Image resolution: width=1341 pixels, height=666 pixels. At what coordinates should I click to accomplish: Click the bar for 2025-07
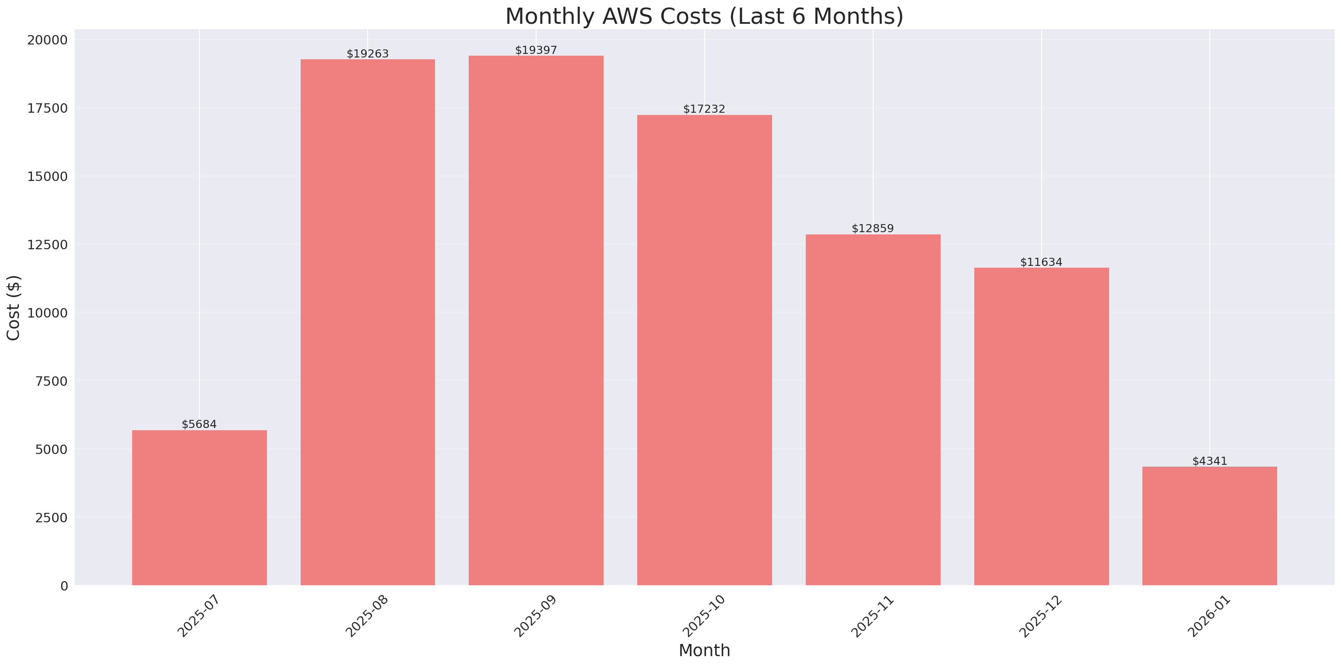pyautogui.click(x=200, y=507)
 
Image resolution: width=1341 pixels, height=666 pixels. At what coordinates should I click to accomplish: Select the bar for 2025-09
pyautogui.click(x=536, y=320)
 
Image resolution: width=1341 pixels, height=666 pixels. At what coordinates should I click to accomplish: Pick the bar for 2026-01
pyautogui.click(x=1209, y=525)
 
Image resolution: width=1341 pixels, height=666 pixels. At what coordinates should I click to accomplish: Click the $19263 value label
pyautogui.click(x=368, y=53)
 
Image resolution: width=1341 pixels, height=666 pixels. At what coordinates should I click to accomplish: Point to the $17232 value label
pyautogui.click(x=704, y=109)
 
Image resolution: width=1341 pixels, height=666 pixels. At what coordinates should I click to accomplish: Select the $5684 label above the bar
pyautogui.click(x=199, y=424)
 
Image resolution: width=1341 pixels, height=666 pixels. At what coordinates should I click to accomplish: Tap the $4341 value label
pyautogui.click(x=1209, y=461)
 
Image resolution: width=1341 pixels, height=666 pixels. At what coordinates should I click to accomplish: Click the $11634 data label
pyautogui.click(x=1041, y=262)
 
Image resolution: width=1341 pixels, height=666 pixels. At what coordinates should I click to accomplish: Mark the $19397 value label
pyautogui.click(x=536, y=50)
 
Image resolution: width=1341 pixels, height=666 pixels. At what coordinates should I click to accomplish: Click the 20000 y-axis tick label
pyautogui.click(x=47, y=40)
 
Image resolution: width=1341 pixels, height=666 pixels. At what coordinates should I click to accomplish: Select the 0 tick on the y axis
pyautogui.click(x=64, y=587)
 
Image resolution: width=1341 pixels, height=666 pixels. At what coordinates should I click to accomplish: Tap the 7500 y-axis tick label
pyautogui.click(x=51, y=381)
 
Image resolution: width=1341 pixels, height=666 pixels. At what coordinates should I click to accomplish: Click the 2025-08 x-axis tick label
pyautogui.click(x=367, y=616)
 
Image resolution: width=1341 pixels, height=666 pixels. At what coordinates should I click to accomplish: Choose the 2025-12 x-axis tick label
pyautogui.click(x=1039, y=616)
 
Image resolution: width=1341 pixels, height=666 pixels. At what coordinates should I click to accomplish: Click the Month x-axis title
pyautogui.click(x=704, y=650)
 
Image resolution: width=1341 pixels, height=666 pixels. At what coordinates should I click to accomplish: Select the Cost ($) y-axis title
pyautogui.click(x=13, y=308)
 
